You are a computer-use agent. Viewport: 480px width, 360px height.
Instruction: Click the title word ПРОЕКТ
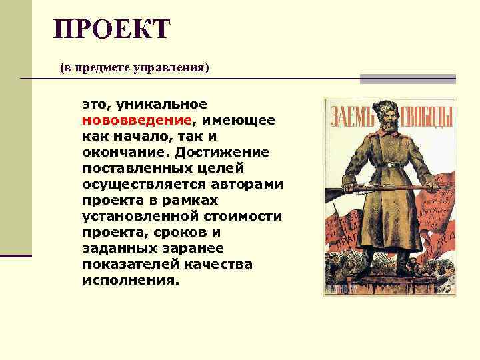coord(113,29)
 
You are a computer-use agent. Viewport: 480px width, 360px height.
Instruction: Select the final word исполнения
coord(131,281)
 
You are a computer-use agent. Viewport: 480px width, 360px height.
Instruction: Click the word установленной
coord(140,217)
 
